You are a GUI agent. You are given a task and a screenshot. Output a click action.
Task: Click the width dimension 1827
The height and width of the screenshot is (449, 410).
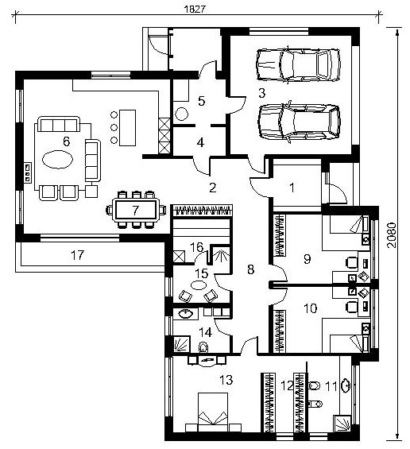pyautogui.click(x=195, y=9)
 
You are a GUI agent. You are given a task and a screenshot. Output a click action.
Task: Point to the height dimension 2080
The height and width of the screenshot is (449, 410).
pyautogui.click(x=392, y=235)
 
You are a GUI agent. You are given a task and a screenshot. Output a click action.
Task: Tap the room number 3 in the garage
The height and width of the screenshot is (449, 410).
pyautogui.click(x=261, y=93)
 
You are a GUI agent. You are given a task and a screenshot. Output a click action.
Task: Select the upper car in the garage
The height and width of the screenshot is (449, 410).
pyautogui.click(x=298, y=65)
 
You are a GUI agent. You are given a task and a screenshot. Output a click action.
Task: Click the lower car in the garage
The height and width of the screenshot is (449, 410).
pyautogui.click(x=300, y=122)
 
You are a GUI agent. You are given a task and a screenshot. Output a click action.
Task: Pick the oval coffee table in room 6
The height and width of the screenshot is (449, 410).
pyautogui.click(x=57, y=159)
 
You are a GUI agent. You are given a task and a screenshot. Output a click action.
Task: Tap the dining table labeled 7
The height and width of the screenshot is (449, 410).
pyautogui.click(x=135, y=210)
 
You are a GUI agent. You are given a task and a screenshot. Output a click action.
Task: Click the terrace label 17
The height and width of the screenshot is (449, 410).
pyautogui.click(x=77, y=255)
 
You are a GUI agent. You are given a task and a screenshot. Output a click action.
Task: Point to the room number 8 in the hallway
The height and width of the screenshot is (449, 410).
pyautogui.click(x=250, y=269)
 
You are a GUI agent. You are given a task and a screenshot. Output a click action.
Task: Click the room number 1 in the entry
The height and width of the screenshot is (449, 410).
pyautogui.click(x=292, y=188)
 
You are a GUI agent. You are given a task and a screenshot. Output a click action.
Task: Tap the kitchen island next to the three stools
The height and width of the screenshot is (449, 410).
pyautogui.click(x=127, y=127)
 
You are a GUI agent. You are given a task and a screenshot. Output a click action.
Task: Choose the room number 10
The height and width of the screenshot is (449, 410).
pyautogui.click(x=310, y=308)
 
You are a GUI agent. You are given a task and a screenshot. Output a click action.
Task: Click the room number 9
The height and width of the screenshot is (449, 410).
pyautogui.click(x=307, y=259)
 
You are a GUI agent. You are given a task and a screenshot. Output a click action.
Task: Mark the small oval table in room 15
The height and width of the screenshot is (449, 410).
pyautogui.click(x=198, y=285)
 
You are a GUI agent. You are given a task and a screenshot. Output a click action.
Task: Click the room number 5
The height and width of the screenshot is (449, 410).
pyautogui.click(x=202, y=101)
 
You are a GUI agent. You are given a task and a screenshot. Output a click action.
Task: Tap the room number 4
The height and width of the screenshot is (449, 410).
pyautogui.click(x=200, y=142)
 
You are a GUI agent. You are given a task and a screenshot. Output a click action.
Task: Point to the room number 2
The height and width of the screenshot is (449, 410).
pyautogui.click(x=212, y=188)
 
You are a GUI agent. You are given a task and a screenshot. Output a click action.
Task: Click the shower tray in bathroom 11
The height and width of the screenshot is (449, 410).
pyautogui.click(x=342, y=424)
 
